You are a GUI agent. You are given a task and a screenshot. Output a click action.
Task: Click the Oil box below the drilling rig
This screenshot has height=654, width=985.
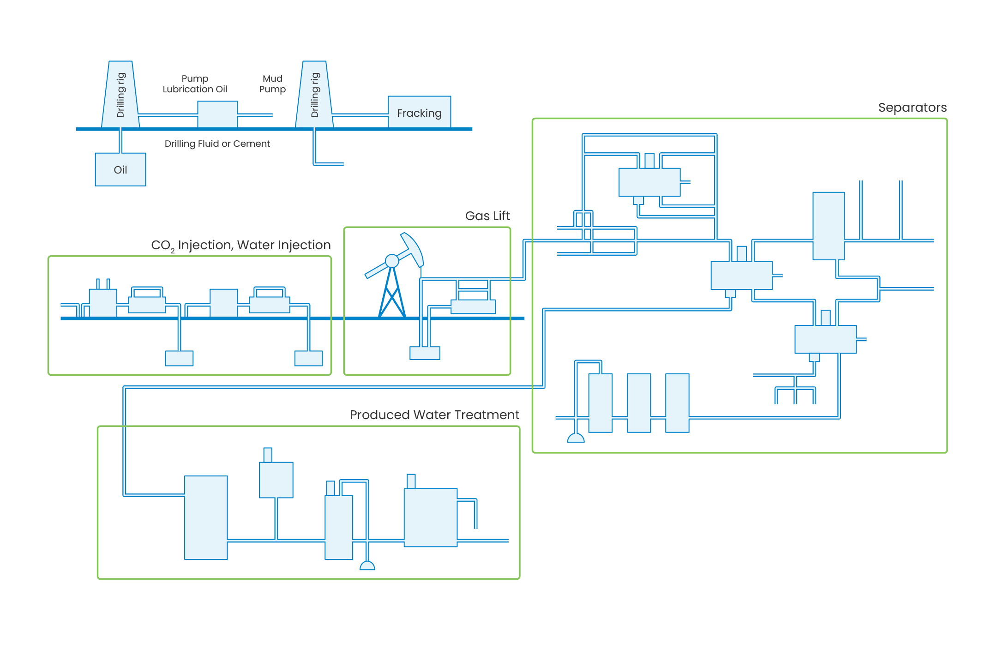120,169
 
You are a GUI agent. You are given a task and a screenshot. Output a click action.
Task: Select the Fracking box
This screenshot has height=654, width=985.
419,113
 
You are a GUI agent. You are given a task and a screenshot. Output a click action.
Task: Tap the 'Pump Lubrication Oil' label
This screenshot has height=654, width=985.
195,84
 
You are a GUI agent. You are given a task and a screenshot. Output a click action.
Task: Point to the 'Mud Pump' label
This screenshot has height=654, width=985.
272,84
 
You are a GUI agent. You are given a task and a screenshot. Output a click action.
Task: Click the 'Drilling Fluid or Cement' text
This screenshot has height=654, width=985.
217,144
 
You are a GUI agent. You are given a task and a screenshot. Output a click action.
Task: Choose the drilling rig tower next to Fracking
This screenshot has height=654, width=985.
314,95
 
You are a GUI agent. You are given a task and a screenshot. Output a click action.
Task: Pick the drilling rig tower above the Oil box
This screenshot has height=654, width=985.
120,95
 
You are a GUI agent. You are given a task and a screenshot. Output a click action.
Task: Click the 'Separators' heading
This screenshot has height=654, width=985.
912,108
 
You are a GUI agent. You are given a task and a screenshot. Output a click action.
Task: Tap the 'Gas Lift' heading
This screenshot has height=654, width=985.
487,216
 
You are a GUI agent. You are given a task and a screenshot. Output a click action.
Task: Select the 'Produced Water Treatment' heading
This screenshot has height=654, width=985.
434,415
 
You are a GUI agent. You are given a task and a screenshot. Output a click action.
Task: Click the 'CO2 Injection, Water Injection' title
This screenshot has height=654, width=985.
240,245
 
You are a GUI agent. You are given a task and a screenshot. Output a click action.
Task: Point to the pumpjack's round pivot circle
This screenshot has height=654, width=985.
392,261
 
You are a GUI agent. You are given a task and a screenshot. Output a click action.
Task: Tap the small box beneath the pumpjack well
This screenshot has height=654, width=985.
425,353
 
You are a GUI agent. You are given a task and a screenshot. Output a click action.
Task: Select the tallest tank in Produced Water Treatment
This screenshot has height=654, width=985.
206,517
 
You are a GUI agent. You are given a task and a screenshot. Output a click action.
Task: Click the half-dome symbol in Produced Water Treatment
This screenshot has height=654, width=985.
367,566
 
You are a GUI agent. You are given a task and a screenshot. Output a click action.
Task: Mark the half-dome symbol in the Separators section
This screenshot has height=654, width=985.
576,438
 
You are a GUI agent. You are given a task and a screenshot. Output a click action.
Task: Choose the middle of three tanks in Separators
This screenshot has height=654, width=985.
639,403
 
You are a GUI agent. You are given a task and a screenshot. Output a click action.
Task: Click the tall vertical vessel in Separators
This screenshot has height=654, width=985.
829,226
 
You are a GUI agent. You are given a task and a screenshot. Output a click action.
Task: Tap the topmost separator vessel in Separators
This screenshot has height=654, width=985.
649,182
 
